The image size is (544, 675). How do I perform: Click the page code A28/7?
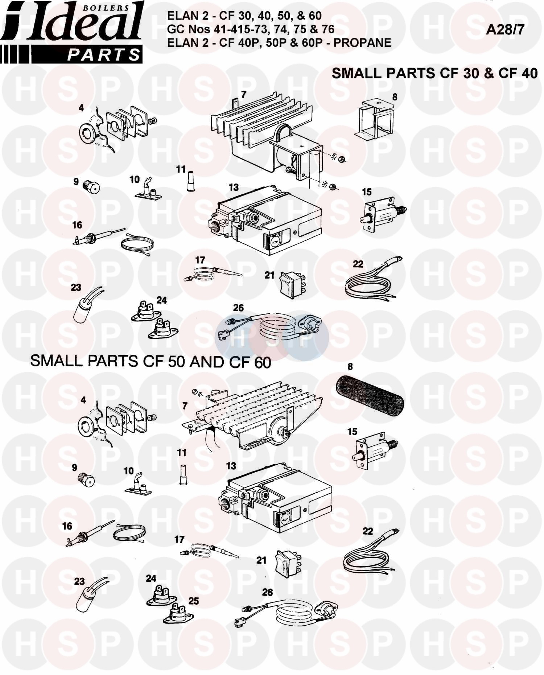pos(505,29)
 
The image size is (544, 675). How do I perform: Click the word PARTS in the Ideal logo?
pos(104,55)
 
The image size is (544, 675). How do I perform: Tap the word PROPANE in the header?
pos(362,43)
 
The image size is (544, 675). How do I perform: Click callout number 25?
pos(193,601)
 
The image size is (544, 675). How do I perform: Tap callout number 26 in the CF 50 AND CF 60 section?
pos(267,592)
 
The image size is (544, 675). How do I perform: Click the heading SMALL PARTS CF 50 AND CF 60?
pos(151,362)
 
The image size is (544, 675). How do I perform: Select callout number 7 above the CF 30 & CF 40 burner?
pos(244,94)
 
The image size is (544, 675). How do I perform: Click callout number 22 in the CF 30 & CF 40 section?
pos(358,264)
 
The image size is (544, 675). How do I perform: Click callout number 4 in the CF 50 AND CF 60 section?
pos(83,400)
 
